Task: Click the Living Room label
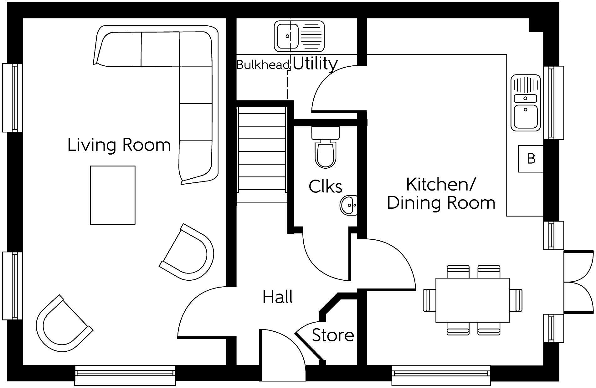[x=119, y=145]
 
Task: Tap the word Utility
[x=315, y=64]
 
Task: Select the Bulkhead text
[x=263, y=65]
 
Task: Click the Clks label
[x=325, y=186]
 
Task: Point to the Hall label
[x=278, y=297]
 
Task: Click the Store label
[x=333, y=335]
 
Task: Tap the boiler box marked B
[x=531, y=159]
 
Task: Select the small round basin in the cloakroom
[x=348, y=205]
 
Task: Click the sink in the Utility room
[x=299, y=36]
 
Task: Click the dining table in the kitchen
[x=472, y=300]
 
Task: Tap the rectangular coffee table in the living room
[x=113, y=195]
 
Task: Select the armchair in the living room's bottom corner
[x=63, y=324]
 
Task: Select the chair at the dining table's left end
[x=429, y=300]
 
